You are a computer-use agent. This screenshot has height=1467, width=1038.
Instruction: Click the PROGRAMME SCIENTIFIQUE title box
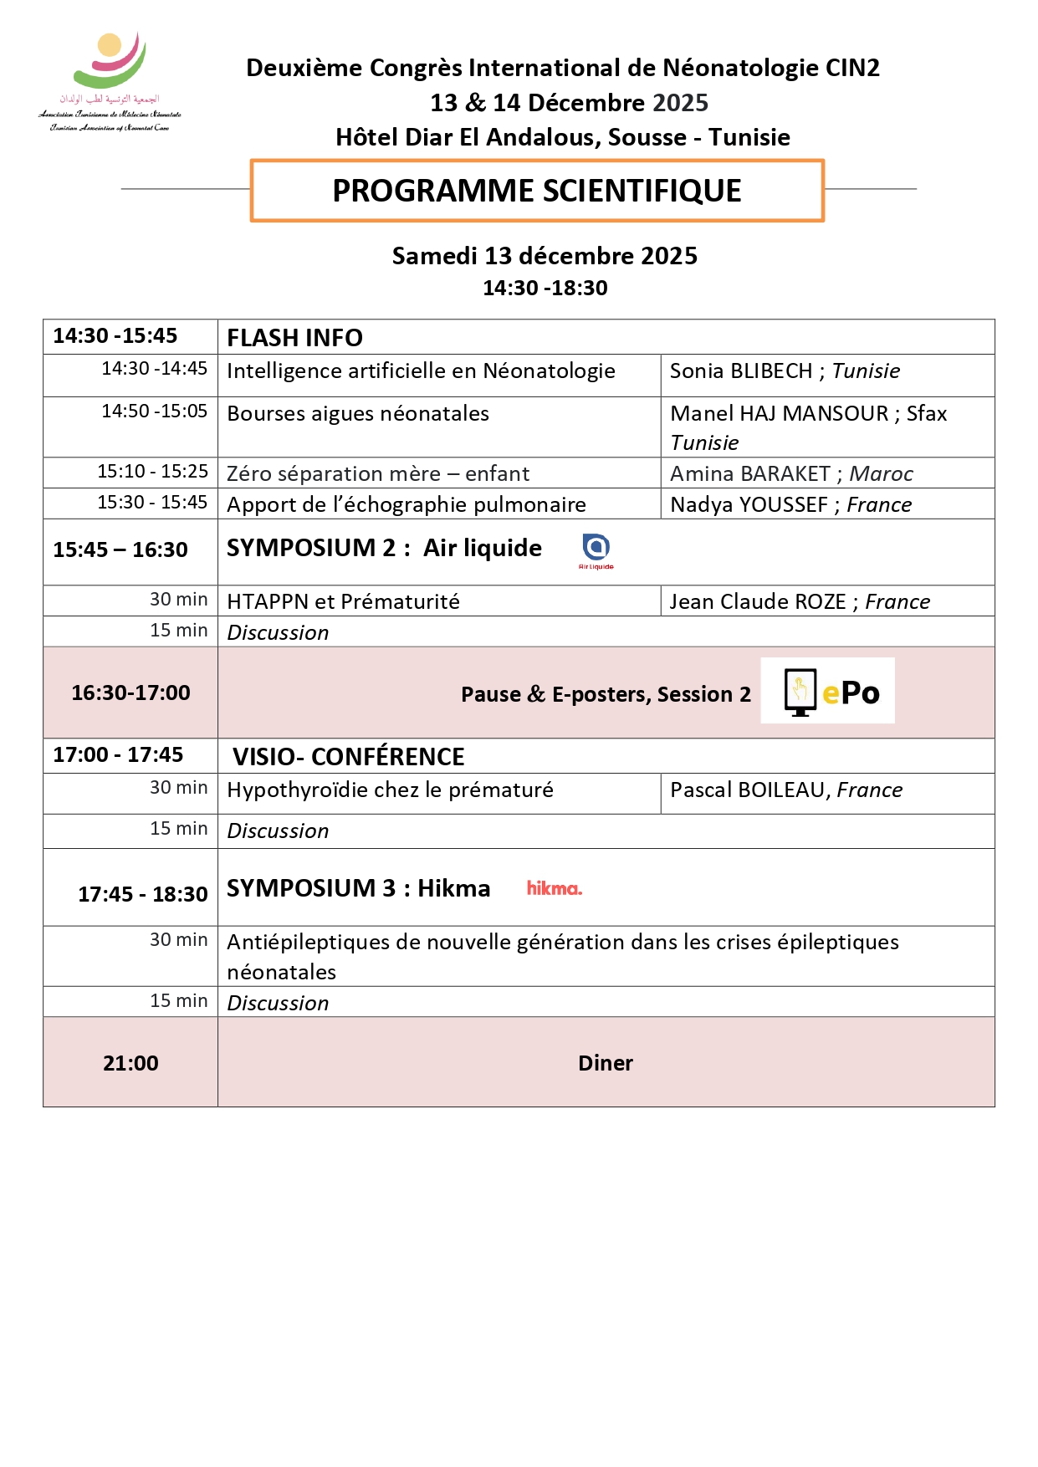[537, 191]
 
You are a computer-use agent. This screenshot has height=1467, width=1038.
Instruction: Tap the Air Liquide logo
[596, 550]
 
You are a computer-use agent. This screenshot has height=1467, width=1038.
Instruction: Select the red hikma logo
[554, 888]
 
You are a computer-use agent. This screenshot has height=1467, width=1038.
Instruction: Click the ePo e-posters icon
[827, 691]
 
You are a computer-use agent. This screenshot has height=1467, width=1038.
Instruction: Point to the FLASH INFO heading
[294, 337]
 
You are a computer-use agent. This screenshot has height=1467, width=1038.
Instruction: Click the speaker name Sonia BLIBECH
[741, 371]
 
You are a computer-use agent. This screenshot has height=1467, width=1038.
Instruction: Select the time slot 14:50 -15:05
[155, 411]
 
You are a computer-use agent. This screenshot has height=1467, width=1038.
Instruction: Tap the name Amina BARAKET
[749, 473]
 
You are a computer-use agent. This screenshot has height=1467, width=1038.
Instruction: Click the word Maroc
[881, 473]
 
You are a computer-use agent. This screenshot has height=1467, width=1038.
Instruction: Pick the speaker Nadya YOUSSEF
[749, 504]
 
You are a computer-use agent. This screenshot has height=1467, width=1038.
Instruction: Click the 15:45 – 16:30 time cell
[120, 549]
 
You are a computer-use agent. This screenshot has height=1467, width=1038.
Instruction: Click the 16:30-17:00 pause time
[130, 693]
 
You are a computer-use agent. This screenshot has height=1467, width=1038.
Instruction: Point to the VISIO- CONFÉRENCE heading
[348, 756]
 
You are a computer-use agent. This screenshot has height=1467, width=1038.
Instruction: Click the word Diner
[606, 1062]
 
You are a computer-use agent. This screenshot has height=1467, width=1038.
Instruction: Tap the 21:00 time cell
[130, 1062]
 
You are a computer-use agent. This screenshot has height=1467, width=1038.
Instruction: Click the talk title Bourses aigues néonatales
[358, 413]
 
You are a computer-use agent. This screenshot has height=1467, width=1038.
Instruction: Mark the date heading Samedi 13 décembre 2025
[545, 256]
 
